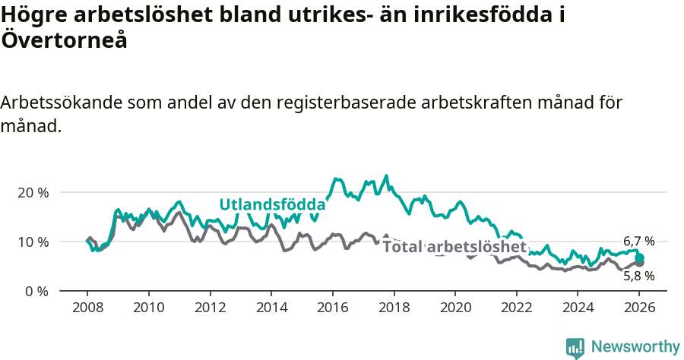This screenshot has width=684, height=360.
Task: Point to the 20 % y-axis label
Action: point(33,193)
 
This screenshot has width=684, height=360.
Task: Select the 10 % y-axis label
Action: point(33,242)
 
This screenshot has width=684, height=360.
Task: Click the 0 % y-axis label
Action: point(36,292)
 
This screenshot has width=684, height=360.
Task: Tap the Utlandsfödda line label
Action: point(272,204)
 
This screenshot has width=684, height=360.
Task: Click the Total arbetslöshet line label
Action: point(454,247)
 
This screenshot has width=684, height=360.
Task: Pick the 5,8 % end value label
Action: point(638,276)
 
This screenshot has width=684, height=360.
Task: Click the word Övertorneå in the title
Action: point(64,41)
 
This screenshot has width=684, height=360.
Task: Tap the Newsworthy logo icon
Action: point(575,348)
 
